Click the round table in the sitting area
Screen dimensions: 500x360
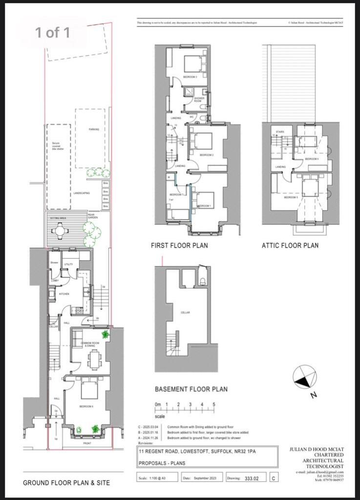[x=60, y=229]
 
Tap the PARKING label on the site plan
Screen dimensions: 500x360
[x=94, y=129]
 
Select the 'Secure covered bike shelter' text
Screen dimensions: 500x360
[x=58, y=146]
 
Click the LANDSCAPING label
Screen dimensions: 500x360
[x=82, y=193]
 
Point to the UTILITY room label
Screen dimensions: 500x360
[x=68, y=264]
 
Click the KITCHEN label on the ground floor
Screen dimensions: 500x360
[x=64, y=294]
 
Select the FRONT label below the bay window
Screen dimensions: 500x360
[x=87, y=443]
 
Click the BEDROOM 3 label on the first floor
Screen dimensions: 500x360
[x=190, y=77]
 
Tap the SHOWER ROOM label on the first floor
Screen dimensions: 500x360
[x=199, y=99]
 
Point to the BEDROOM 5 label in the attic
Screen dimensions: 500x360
[x=292, y=197]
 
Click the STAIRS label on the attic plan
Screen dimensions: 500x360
[x=280, y=132]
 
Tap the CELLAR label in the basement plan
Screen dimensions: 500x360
[x=185, y=312]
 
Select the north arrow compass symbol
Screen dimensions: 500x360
[x=304, y=377]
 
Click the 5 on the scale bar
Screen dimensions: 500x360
[x=213, y=405]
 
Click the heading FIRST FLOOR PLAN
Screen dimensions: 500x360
[x=179, y=246]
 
